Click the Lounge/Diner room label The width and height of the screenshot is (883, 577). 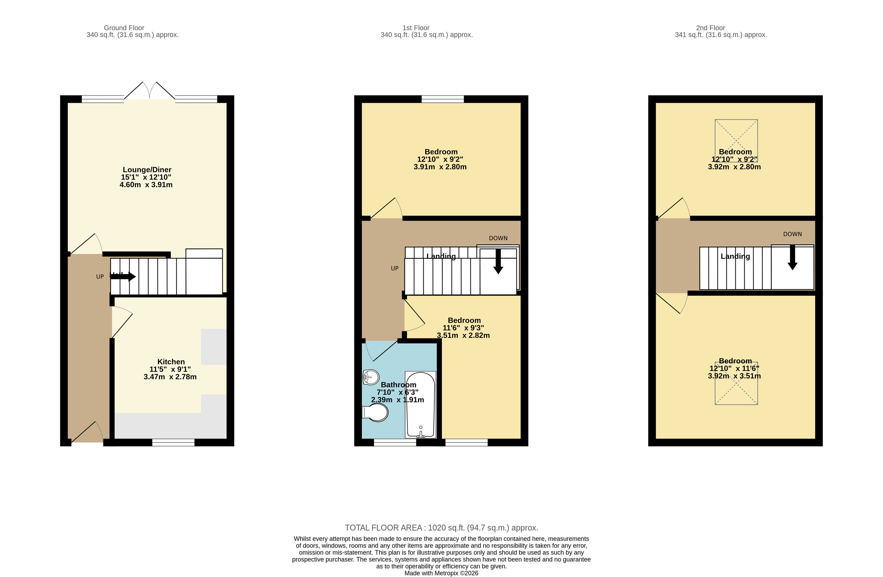(x=147, y=170)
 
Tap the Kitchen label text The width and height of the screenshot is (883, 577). (x=171, y=362)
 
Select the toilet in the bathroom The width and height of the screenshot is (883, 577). (x=375, y=412)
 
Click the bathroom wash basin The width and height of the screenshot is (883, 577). (x=371, y=377)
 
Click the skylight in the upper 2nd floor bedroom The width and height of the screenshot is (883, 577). (x=736, y=140)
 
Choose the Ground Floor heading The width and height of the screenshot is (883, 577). (x=124, y=28)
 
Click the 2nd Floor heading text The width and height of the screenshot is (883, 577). (x=710, y=28)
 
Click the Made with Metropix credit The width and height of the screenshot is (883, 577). (x=441, y=573)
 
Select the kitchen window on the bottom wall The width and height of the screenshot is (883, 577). (x=173, y=442)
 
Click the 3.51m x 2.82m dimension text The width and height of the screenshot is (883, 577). (x=463, y=335)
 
